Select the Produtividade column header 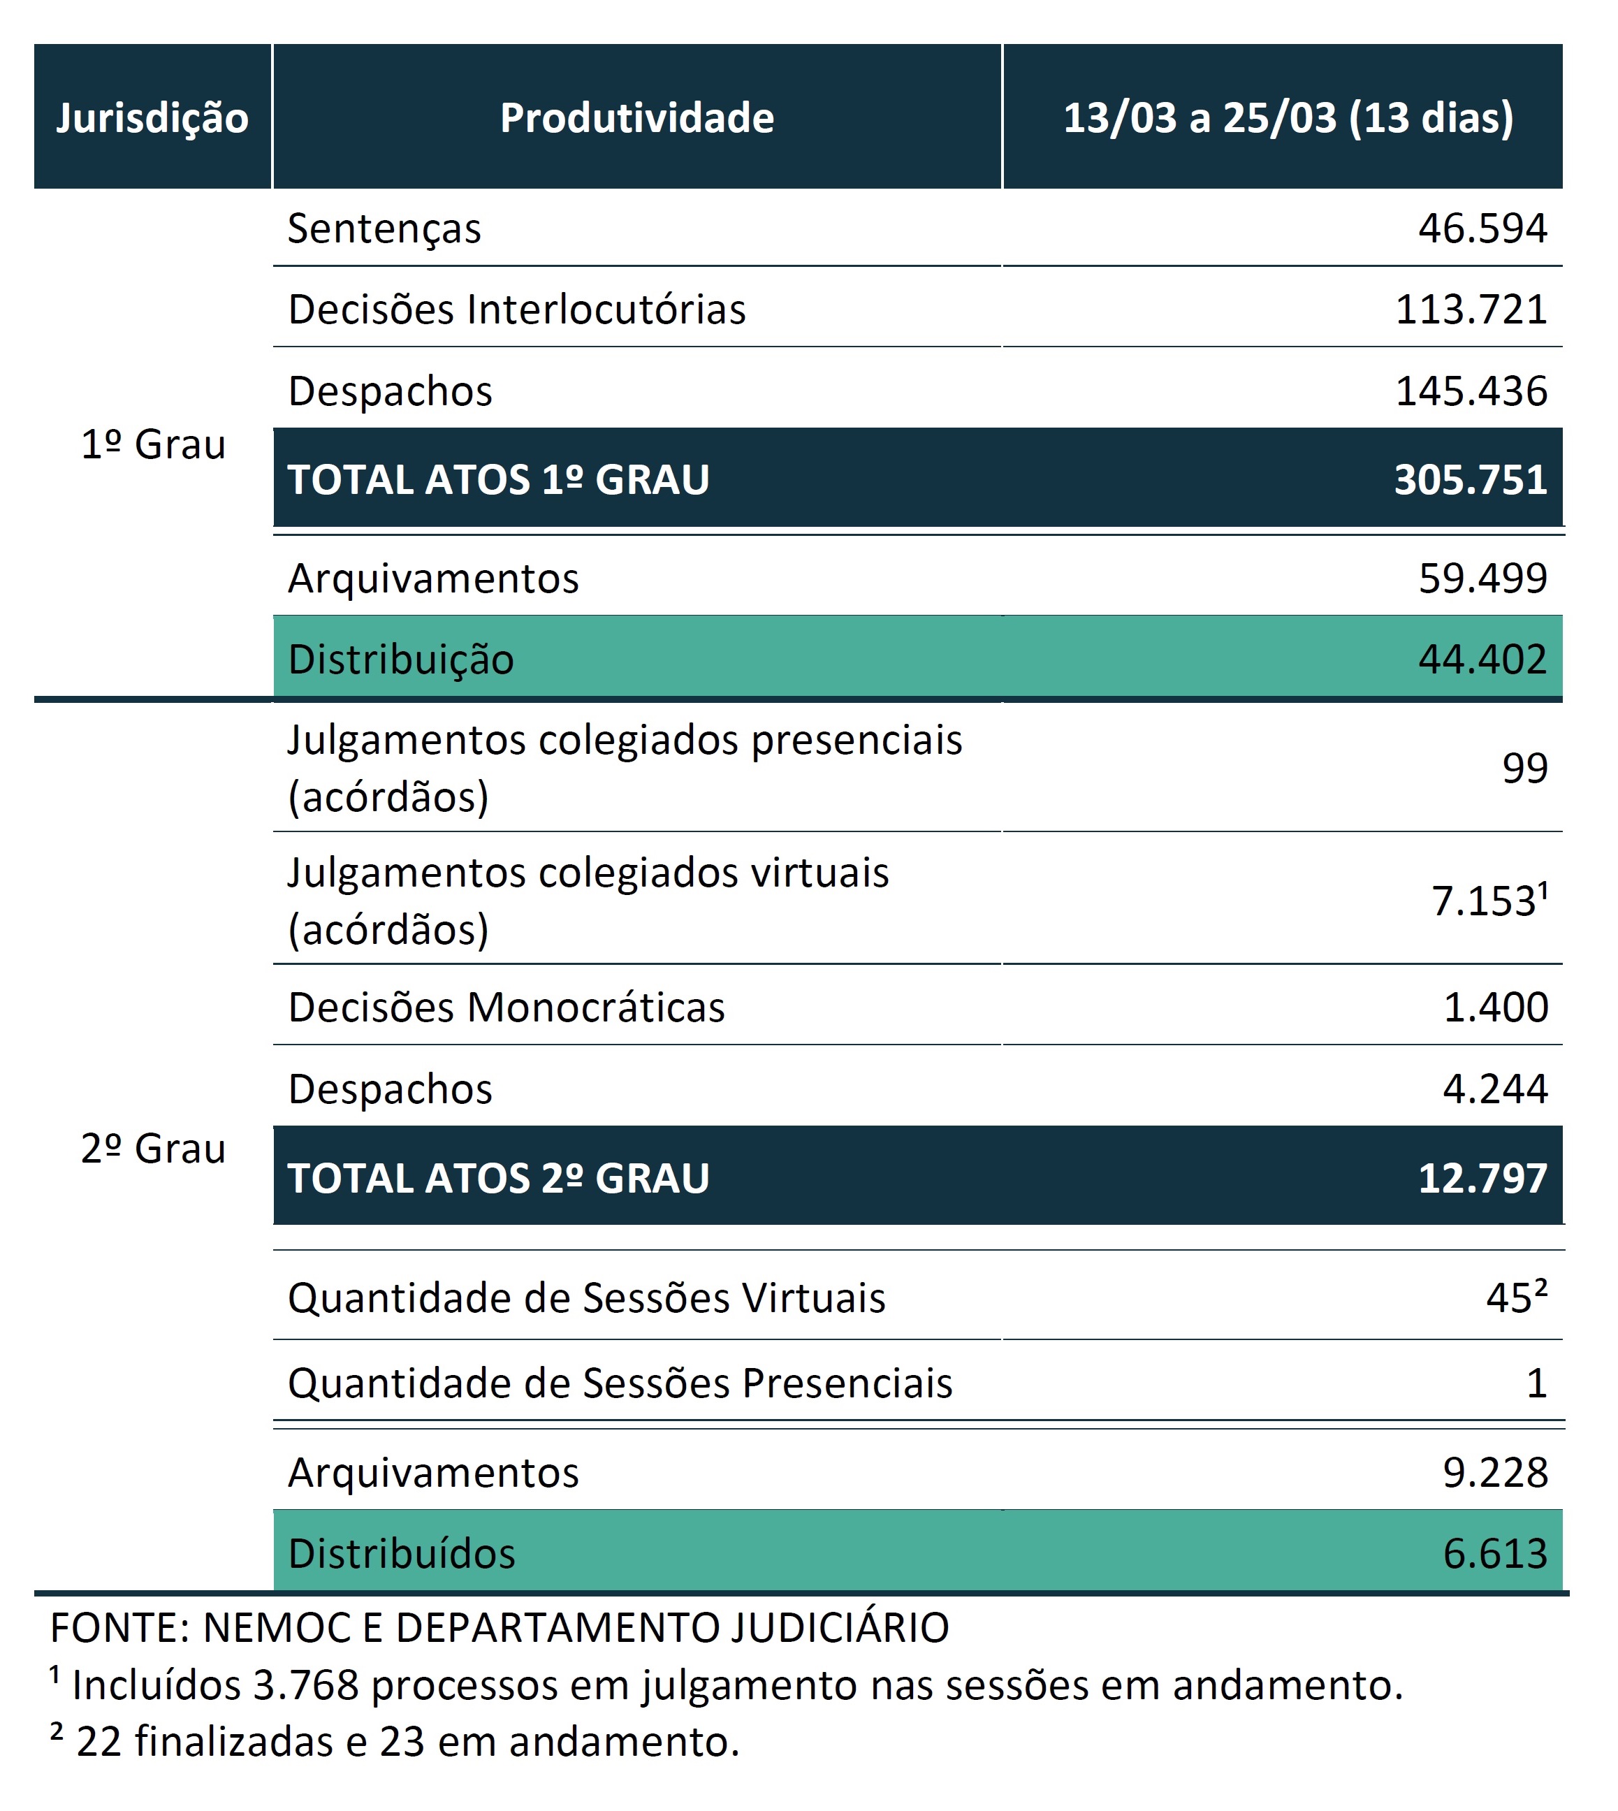636,117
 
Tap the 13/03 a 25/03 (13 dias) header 1288,118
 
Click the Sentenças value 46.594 1483,228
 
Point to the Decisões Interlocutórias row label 516,310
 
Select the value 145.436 1471,391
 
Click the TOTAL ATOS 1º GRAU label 499,480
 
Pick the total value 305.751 1471,480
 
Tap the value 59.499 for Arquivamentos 1483,578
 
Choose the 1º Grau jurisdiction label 153,444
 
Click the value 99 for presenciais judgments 1524,767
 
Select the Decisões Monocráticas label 506,1008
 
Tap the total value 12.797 1483,1178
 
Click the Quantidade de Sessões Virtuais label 587,1299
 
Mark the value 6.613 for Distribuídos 1495,1553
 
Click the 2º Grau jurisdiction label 153,1149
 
